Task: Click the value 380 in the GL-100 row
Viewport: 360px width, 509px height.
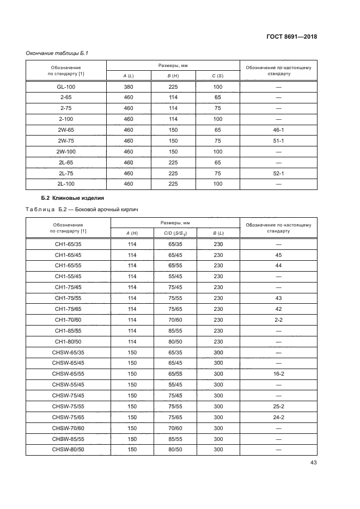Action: click(x=129, y=87)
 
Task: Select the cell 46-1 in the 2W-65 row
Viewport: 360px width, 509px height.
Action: click(x=278, y=129)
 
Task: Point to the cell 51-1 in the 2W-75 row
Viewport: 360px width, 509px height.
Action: click(x=278, y=140)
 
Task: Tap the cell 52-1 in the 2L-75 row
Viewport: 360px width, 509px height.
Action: click(x=278, y=174)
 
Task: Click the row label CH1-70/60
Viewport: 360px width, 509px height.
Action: click(x=68, y=320)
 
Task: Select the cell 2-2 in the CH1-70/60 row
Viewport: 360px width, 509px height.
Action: click(x=278, y=320)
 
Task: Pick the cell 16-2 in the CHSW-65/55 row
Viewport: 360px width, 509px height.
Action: click(x=278, y=373)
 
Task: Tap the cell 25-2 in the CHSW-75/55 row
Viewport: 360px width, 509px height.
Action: click(x=278, y=406)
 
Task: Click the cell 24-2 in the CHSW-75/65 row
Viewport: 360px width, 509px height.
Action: click(x=278, y=417)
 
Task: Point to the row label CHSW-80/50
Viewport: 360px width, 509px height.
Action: click(x=68, y=449)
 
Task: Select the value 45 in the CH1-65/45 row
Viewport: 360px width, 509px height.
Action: click(x=278, y=255)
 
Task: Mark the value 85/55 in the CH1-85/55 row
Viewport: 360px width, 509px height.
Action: click(x=175, y=330)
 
